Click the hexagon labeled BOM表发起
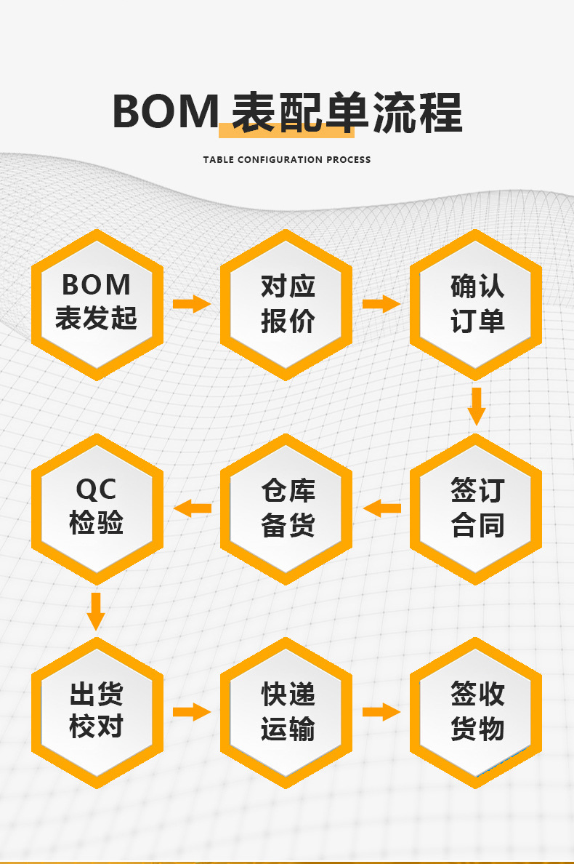[97, 304]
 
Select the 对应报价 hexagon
[287, 304]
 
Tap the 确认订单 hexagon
[477, 304]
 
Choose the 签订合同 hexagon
[477, 508]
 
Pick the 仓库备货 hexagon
[287, 508]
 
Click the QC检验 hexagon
[97, 508]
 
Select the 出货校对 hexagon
[97, 711]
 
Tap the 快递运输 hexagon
[287, 711]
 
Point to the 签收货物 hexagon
[477, 711]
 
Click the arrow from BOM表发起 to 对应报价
[192, 304]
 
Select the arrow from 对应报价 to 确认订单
[381, 304]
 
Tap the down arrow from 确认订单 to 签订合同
[477, 406]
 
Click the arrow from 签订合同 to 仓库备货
[381, 508]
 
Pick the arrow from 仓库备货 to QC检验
[192, 508]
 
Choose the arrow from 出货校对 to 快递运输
[192, 711]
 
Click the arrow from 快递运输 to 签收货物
[381, 711]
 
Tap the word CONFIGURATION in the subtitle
[280, 160]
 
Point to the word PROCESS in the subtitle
[348, 160]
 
